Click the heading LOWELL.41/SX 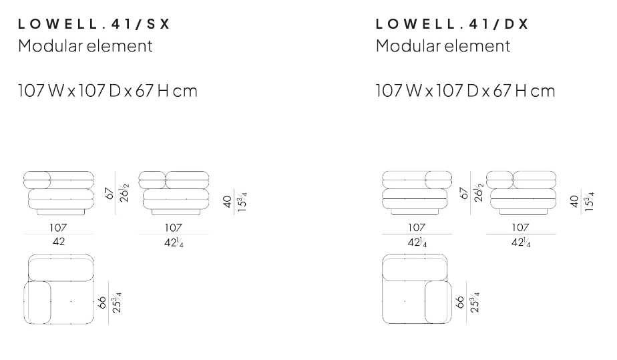pyautogui.click(x=93, y=24)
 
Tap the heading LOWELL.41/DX pyautogui.click(x=452, y=24)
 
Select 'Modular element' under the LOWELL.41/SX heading pyautogui.click(x=85, y=45)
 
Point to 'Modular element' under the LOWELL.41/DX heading pyautogui.click(x=443, y=45)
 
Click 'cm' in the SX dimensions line pyautogui.click(x=185, y=92)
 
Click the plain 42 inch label pyautogui.click(x=59, y=242)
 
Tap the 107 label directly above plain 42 pyautogui.click(x=58, y=227)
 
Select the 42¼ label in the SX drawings pyautogui.click(x=174, y=242)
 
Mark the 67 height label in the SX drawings pyautogui.click(x=110, y=193)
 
